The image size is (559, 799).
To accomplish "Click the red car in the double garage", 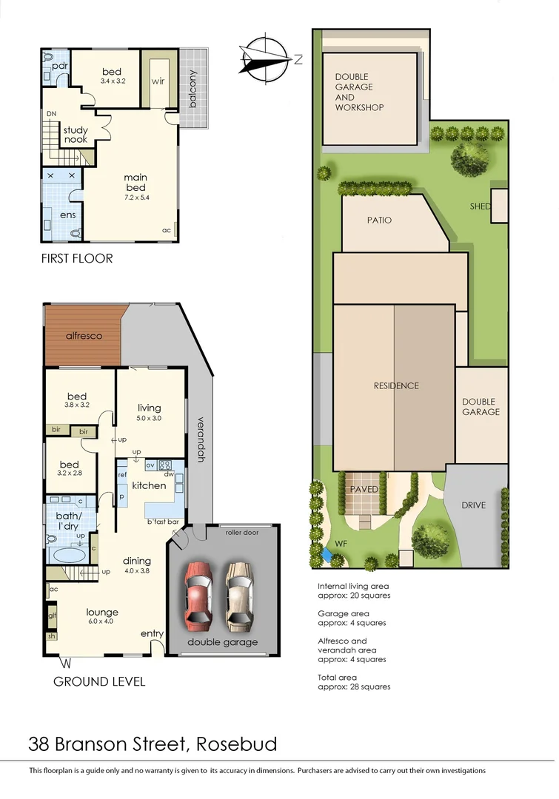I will [x=199, y=591].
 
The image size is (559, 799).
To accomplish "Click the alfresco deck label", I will [x=84, y=336].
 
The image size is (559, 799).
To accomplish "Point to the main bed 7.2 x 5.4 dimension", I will [x=135, y=198].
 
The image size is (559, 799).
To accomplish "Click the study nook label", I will [x=75, y=135].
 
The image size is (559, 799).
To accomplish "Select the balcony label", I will [x=193, y=90].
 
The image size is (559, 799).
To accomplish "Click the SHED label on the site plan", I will [x=481, y=206].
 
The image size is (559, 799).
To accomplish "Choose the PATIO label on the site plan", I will [x=379, y=220].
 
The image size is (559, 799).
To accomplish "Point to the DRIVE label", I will [x=474, y=505].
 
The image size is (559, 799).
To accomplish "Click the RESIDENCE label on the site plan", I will [x=396, y=385].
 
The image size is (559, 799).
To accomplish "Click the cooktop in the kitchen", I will [x=166, y=465].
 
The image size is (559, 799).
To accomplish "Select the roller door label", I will [x=241, y=532].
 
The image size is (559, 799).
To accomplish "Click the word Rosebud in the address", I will [x=238, y=744].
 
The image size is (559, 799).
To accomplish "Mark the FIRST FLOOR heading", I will [x=77, y=258].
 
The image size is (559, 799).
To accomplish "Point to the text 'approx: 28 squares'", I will [x=354, y=687].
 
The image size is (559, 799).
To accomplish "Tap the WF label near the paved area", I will [x=341, y=544].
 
